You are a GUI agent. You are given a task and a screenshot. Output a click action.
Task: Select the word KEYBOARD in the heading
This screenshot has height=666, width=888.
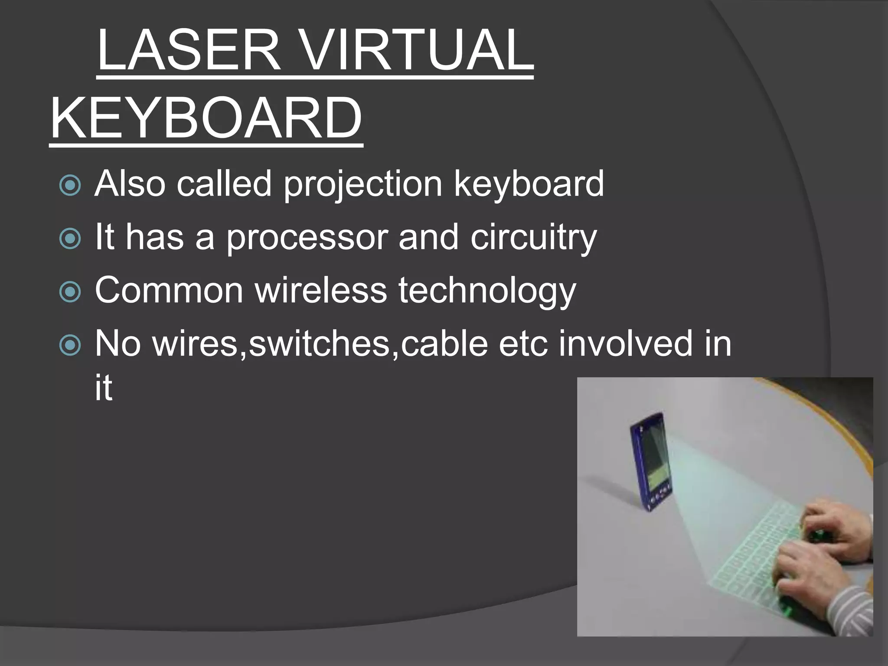(x=206, y=118)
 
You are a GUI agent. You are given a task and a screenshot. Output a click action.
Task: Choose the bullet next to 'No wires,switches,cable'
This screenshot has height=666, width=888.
(x=70, y=345)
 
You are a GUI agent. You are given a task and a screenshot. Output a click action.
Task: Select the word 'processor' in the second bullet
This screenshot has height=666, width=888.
(x=306, y=238)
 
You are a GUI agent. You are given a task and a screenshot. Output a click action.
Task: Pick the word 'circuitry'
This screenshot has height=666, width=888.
(x=533, y=238)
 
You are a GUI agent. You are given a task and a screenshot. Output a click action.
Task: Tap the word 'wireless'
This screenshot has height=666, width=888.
(x=321, y=291)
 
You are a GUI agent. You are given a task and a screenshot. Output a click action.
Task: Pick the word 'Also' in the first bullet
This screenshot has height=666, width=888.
(x=130, y=184)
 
